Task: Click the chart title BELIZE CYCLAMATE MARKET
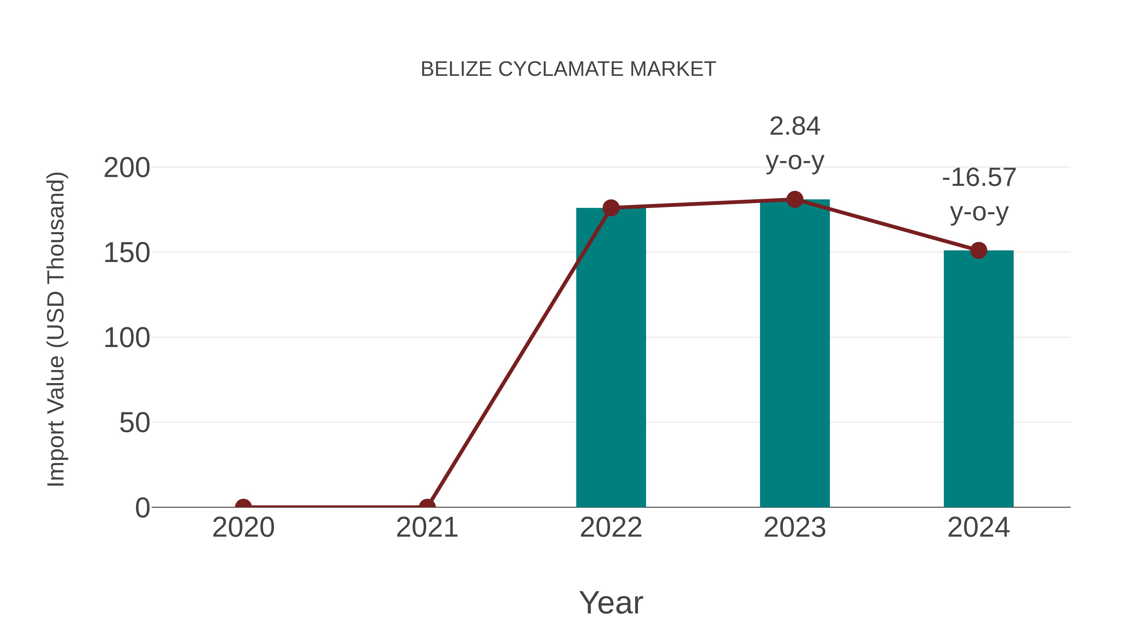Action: pos(568,69)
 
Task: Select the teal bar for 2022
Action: pos(611,358)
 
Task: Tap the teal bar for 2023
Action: pos(795,353)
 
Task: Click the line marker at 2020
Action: pos(243,506)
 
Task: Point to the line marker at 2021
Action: pos(427,506)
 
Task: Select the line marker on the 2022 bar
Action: pos(611,208)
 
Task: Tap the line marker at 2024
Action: pos(978,250)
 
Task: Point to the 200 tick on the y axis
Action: pos(127,168)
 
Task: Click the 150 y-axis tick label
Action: pos(127,253)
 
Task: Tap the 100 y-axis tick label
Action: pos(127,338)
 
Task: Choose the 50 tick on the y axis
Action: pos(135,423)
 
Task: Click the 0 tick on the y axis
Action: pos(142,508)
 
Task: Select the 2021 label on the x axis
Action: pos(427,527)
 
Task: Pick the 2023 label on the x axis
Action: pos(795,527)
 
